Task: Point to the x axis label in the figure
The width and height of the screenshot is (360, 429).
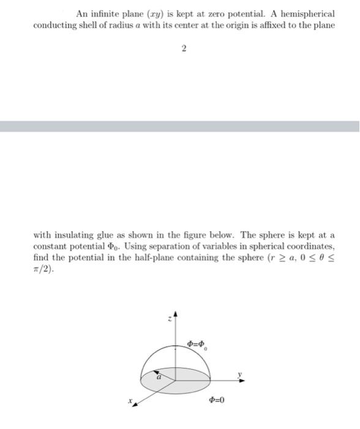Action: tap(131, 402)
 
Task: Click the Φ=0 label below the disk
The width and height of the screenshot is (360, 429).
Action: tap(217, 400)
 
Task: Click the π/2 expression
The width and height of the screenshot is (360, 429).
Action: tap(42, 268)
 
